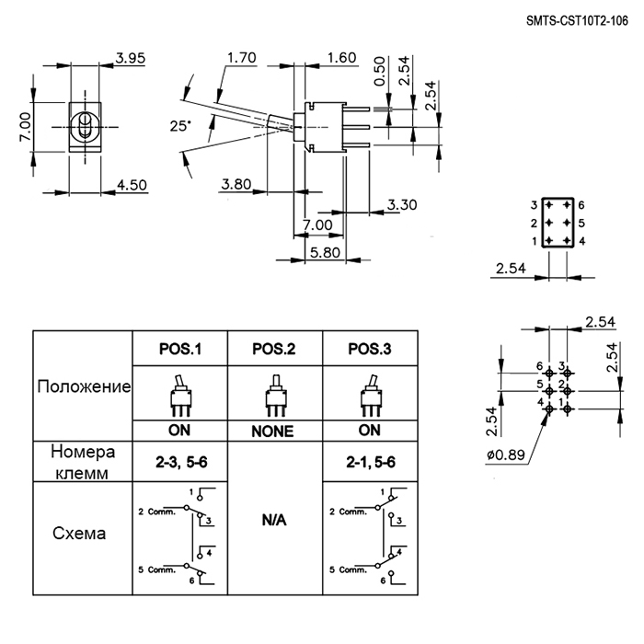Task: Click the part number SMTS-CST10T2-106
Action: [x=577, y=21]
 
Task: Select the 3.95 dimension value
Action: [x=131, y=58]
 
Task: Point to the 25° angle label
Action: [x=180, y=126]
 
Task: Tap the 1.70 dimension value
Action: [x=241, y=57]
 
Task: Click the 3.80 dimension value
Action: [x=236, y=184]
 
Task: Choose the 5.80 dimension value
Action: [x=325, y=252]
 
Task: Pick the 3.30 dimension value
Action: [x=402, y=204]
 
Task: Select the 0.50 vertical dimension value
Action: [x=380, y=71]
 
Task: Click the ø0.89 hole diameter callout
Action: [x=506, y=454]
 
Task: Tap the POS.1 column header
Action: [x=180, y=349]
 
